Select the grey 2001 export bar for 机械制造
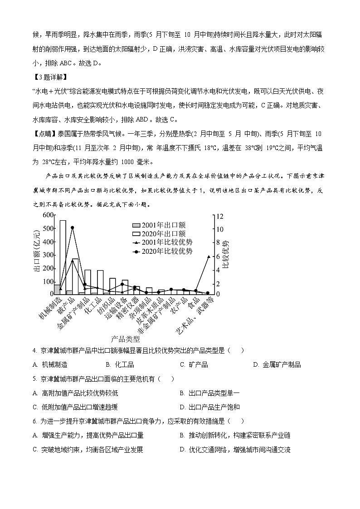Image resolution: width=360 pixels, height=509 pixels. click(x=57, y=290)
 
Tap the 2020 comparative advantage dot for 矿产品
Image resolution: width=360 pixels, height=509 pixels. click(x=73, y=228)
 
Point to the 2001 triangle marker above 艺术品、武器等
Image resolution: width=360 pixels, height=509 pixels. click(x=209, y=257)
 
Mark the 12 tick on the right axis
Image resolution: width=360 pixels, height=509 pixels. click(x=219, y=216)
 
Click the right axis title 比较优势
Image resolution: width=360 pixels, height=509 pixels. click(x=225, y=253)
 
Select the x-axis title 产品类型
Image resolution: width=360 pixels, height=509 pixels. click(x=125, y=339)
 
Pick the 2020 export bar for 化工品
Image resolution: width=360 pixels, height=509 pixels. click(x=100, y=282)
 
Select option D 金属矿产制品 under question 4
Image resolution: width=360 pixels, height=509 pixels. click(x=278, y=364)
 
